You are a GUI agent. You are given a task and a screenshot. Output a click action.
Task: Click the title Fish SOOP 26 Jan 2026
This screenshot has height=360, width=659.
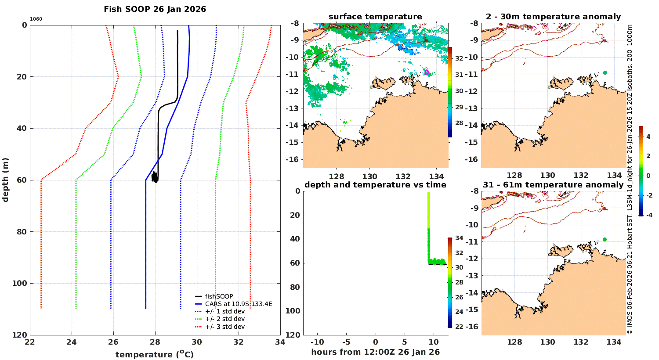[155, 9]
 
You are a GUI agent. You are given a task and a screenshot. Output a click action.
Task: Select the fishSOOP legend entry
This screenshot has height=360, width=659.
[219, 296]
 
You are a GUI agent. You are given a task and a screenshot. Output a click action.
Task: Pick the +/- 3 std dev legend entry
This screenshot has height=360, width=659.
[224, 327]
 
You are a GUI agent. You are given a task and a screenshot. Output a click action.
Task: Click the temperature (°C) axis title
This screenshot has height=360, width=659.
[155, 354]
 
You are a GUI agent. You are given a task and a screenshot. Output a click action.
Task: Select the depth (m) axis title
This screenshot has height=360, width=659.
[6, 180]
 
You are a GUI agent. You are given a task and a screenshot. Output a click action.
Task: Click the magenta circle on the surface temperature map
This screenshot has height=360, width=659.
[427, 72]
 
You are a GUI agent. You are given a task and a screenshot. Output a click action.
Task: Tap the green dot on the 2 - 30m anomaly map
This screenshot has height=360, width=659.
[605, 72]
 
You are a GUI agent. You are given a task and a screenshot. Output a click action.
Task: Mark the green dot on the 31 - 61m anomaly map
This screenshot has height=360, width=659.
[605, 239]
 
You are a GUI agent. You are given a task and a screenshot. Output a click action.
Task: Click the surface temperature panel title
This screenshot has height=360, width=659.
[375, 17]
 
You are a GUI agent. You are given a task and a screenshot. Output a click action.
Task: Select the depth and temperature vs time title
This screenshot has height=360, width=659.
[375, 185]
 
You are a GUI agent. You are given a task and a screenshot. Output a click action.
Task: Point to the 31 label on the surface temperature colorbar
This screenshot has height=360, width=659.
[459, 75]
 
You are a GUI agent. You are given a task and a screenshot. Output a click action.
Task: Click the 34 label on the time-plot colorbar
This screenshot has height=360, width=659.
[459, 238]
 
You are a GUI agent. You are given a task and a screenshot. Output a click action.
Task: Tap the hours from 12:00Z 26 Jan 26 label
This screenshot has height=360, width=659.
[375, 352]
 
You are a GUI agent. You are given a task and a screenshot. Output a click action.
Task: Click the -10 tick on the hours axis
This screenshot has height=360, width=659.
[317, 342]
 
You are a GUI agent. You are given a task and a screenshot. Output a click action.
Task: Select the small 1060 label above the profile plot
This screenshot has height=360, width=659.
[36, 19]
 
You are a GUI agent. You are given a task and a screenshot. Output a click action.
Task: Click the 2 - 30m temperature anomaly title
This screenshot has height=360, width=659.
[554, 17]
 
